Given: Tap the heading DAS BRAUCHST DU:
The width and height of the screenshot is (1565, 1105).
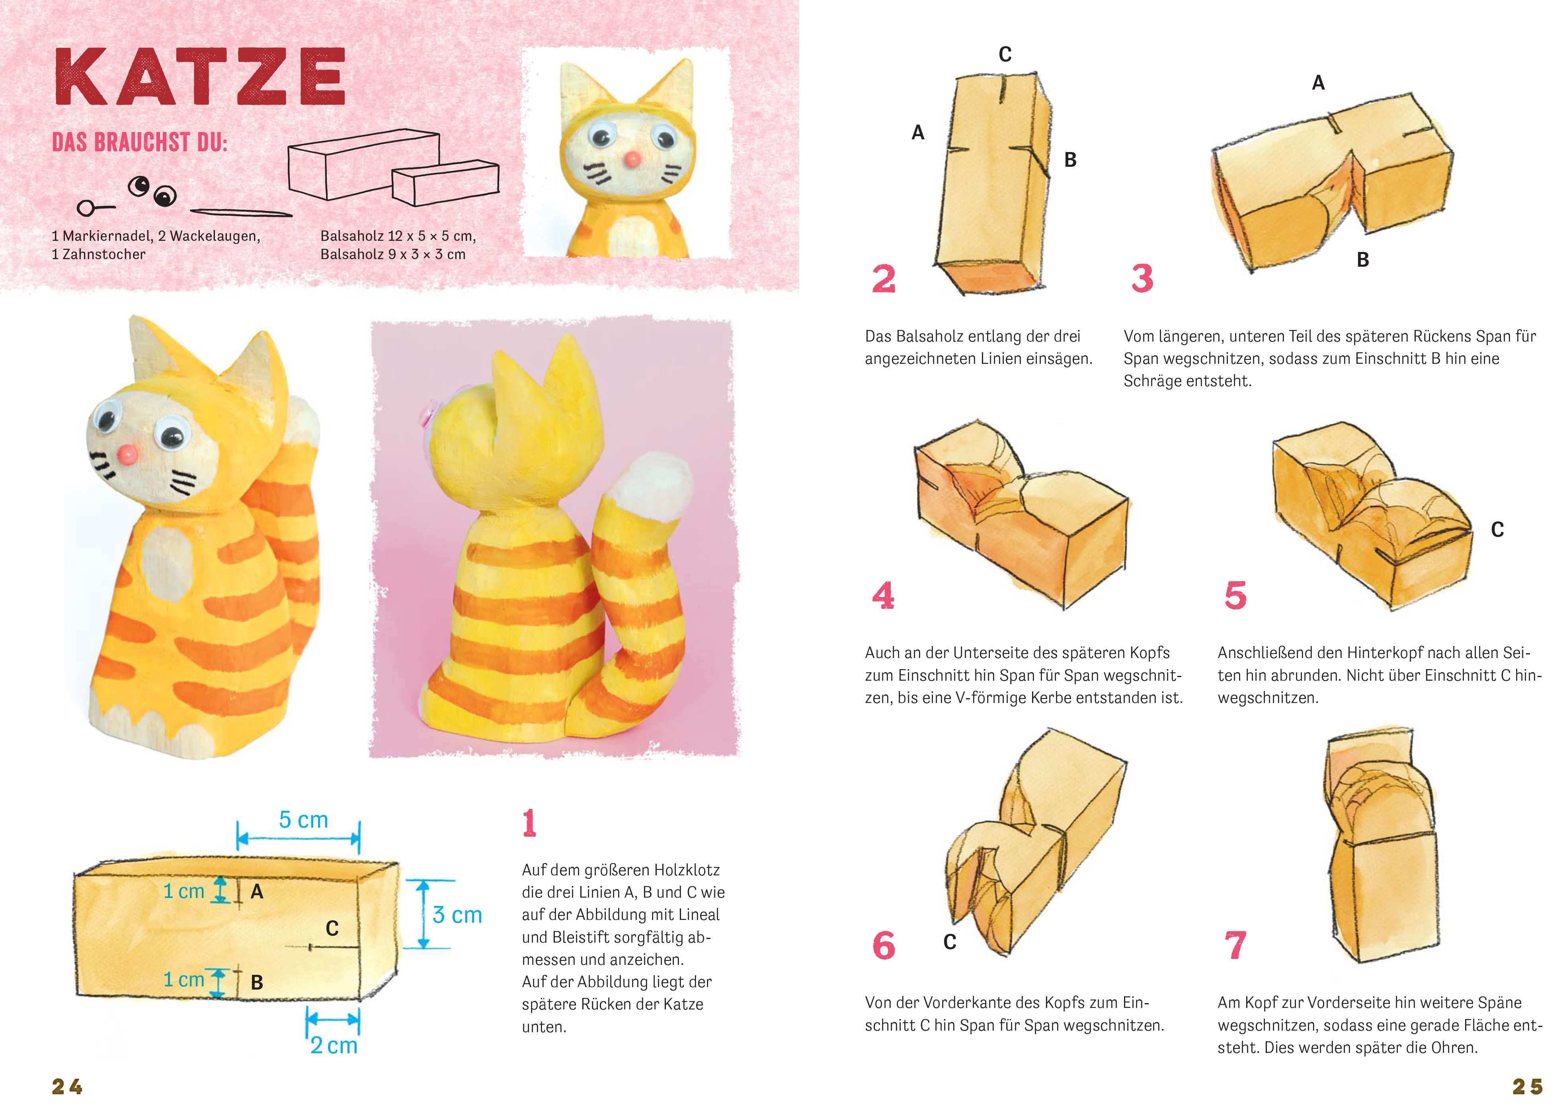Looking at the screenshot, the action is tap(140, 143).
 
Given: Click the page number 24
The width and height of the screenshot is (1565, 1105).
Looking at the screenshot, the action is tap(67, 1086).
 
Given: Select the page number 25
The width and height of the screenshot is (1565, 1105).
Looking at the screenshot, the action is tap(1527, 1086).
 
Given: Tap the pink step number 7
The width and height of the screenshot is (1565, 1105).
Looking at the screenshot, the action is tap(1235, 945).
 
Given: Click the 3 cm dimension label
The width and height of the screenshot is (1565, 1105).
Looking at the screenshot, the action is tap(457, 915).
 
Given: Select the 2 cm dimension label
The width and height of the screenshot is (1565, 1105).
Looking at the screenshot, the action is tap(334, 1045).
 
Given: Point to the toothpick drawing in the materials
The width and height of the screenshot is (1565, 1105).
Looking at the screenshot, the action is tap(241, 213).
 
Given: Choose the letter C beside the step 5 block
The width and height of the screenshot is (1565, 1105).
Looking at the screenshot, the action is tap(1497, 530).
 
